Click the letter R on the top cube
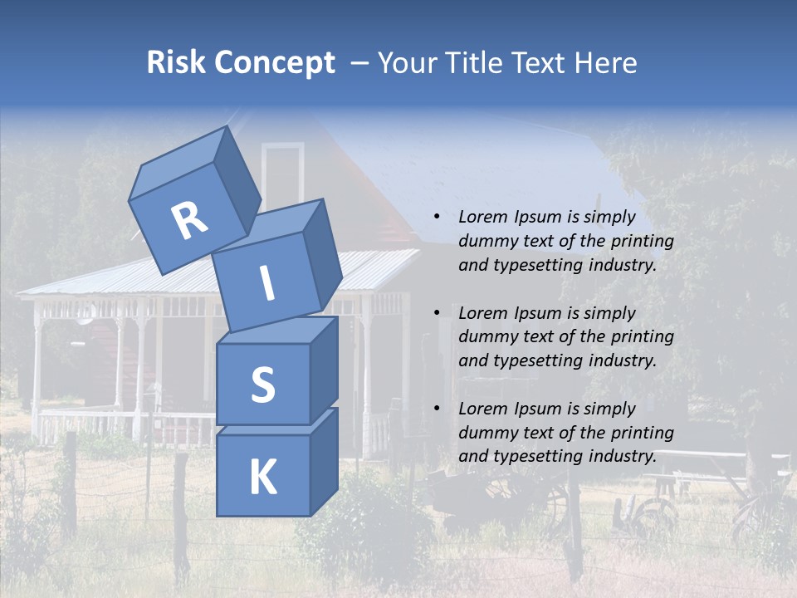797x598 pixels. tap(189, 221)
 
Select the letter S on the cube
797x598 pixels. tap(262, 385)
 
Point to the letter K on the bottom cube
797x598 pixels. tap(262, 478)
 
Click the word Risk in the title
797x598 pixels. tap(175, 62)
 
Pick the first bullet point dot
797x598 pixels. tap(437, 218)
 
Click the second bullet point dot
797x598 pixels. tap(437, 313)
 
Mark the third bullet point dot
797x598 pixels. tap(437, 409)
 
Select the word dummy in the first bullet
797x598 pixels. tap(487, 242)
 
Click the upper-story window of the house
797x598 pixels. tap(283, 174)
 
